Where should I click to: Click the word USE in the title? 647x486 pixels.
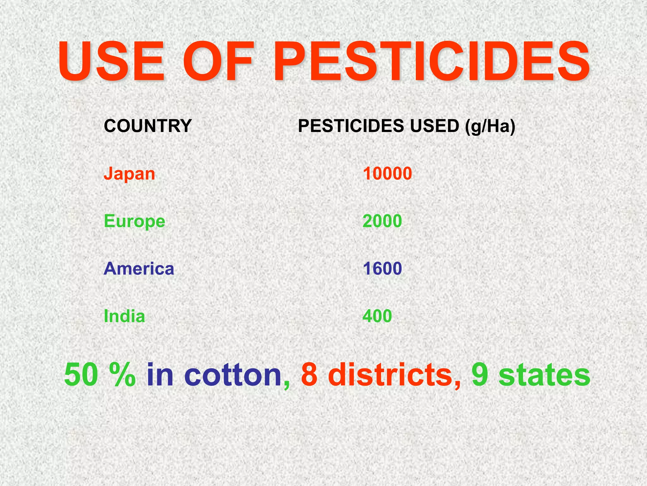(111, 61)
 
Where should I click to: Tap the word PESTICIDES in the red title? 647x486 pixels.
(432, 61)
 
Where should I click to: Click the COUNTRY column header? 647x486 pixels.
(148, 126)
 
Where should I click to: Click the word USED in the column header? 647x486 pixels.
(434, 126)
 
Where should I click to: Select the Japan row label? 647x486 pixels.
(130, 174)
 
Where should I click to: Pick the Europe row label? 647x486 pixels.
(135, 221)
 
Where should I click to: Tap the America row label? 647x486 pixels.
(139, 269)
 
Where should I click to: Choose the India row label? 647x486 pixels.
(124, 316)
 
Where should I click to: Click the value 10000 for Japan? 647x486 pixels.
(387, 174)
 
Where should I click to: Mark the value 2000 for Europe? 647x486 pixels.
(382, 221)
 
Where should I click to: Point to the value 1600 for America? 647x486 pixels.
(382, 269)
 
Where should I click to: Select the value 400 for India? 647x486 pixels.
(377, 316)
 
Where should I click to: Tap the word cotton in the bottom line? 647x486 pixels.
(233, 375)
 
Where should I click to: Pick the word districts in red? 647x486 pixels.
(390, 375)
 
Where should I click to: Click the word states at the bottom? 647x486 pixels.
(544, 375)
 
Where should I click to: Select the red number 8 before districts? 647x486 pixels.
(309, 375)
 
